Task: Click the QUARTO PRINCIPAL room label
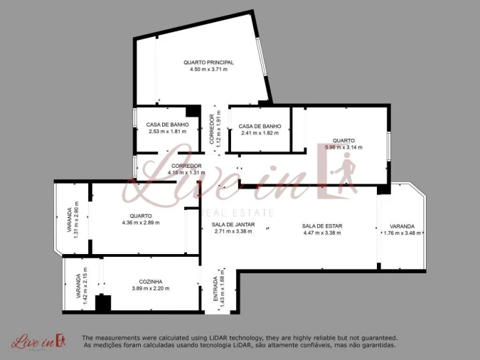pos(208,63)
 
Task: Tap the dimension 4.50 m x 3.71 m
pos(208,70)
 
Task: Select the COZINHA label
pos(150,281)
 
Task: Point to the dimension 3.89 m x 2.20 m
pos(150,288)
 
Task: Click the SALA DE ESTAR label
pos(322,226)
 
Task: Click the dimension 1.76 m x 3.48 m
pos(402,233)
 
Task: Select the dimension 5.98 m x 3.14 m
pos(343,147)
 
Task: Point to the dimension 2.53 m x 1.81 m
pos(168,132)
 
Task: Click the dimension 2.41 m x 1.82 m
pos(260,133)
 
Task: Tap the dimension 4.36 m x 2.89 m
pos(141,223)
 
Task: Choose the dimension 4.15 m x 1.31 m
pos(186,172)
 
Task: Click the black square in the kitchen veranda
pos(103,304)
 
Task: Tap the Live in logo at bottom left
pos(38,342)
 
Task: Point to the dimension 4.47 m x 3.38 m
pos(322,233)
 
